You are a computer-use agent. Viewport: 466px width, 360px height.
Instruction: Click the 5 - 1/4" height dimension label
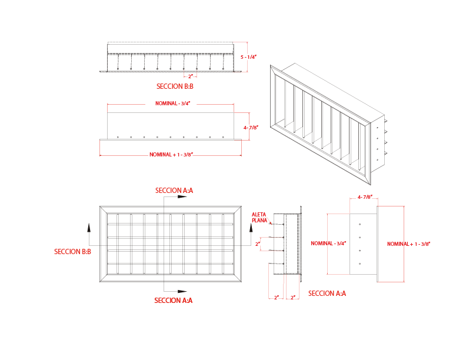click(x=249, y=57)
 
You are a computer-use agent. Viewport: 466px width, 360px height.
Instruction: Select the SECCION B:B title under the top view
click(x=175, y=86)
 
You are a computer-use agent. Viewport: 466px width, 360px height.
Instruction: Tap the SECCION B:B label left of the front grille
click(x=72, y=252)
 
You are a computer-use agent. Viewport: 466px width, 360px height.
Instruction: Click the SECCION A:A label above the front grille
click(x=174, y=191)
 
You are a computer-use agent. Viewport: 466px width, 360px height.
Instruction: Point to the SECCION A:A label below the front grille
click(x=173, y=301)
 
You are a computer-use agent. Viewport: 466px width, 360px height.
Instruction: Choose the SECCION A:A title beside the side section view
click(x=327, y=294)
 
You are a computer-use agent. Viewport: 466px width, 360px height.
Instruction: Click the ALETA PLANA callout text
click(x=259, y=217)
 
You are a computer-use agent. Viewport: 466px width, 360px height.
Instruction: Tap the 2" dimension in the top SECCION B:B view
click(x=190, y=76)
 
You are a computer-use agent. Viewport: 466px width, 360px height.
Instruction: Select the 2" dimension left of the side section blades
click(x=258, y=243)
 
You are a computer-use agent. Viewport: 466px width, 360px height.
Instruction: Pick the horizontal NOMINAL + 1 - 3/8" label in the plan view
click(x=171, y=155)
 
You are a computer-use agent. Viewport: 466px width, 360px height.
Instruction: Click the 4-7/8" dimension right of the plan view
click(x=251, y=127)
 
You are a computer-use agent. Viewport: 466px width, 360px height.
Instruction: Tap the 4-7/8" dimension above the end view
click(x=365, y=197)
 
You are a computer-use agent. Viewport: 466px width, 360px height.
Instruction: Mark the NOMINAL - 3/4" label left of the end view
click(x=329, y=243)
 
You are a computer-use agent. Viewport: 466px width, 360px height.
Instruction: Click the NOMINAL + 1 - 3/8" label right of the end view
click(x=409, y=244)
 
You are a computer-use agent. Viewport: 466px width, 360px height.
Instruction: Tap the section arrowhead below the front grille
click(x=182, y=291)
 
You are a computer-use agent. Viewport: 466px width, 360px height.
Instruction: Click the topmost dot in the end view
click(x=360, y=224)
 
